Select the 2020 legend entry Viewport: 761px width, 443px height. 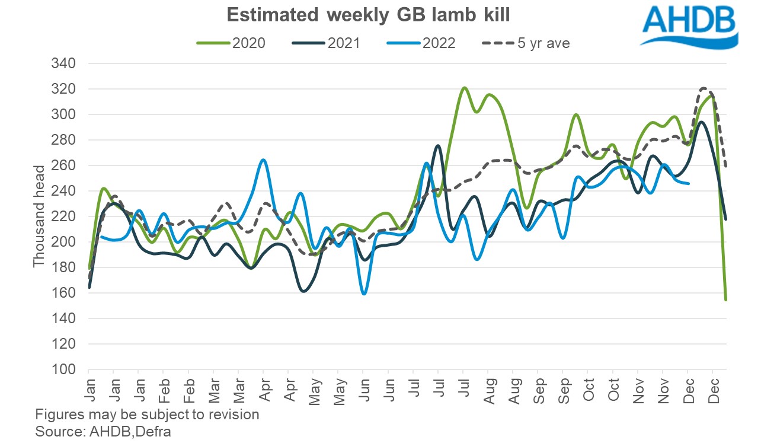click(x=235, y=43)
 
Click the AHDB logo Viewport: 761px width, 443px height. click(x=689, y=27)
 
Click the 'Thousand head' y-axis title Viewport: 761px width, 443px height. click(x=39, y=216)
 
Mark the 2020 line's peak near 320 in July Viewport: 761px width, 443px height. click(x=464, y=88)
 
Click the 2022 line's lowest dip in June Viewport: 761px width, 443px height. click(x=364, y=294)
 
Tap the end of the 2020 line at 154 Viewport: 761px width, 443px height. click(x=726, y=300)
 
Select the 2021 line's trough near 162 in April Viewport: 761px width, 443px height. click(x=303, y=291)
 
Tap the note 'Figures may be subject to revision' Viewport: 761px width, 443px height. click(x=147, y=414)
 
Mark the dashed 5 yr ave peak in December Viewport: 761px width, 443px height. click(x=704, y=88)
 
